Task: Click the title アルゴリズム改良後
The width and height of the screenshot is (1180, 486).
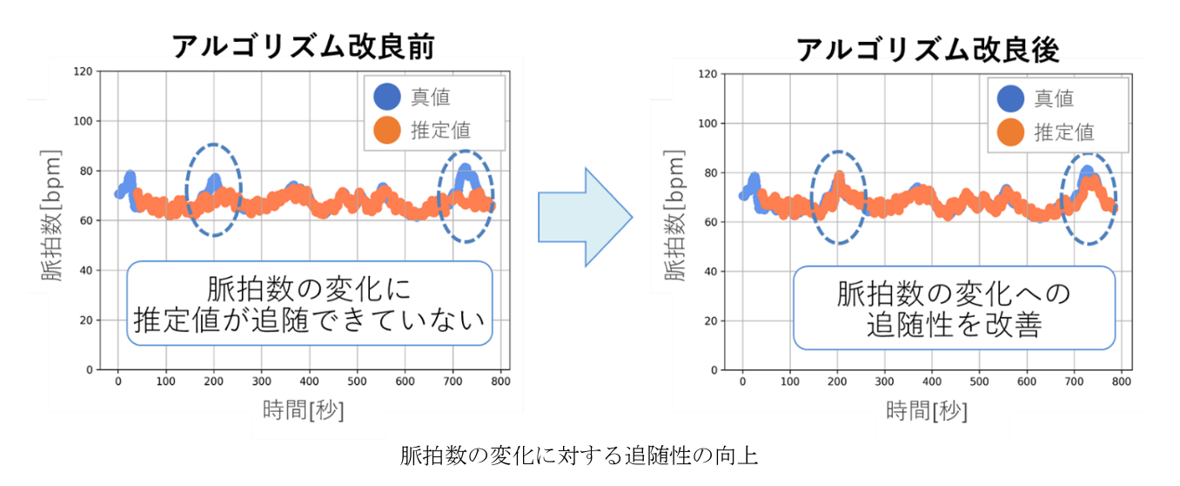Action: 928,49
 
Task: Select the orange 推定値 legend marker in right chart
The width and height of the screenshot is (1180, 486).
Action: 1010,132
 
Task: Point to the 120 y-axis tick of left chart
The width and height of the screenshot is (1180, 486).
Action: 84,71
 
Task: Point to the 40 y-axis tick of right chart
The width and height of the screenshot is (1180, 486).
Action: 708,272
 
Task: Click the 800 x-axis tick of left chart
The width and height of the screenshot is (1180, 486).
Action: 499,381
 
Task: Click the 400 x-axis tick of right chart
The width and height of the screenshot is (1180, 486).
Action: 932,381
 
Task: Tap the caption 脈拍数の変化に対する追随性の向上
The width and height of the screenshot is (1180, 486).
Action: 579,456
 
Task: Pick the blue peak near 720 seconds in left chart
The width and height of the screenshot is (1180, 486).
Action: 465,171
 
